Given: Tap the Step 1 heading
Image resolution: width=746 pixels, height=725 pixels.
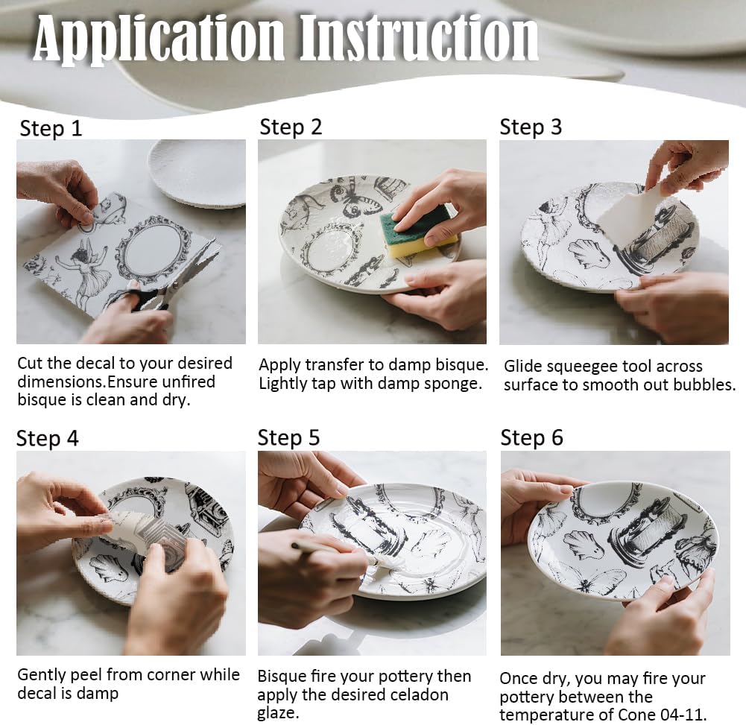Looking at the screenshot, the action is [51, 129].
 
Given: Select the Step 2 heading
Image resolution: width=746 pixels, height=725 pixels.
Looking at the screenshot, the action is [291, 127].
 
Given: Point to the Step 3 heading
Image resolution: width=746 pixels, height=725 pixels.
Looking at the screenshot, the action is [531, 127].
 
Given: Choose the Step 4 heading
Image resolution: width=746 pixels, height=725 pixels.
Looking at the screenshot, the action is [47, 439].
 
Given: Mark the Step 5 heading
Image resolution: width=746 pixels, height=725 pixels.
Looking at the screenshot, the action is [288, 438].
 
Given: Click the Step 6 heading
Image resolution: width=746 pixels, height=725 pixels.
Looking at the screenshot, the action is [531, 438].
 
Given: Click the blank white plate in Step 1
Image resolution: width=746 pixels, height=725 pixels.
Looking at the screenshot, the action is [197, 174].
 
